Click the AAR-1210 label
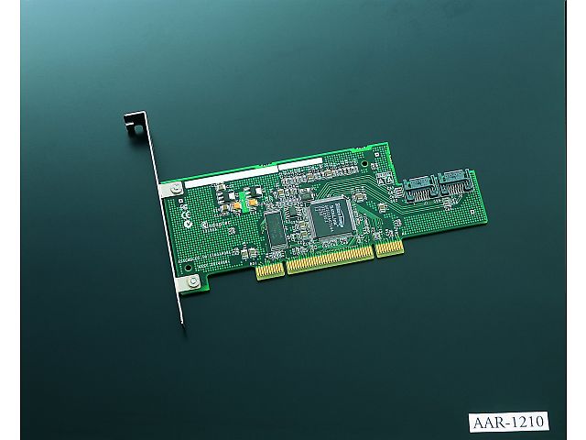(x=509, y=422)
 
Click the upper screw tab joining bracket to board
(x=171, y=190)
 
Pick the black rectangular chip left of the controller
(x=276, y=227)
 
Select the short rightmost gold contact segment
(x=389, y=248)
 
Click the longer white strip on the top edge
(x=230, y=176)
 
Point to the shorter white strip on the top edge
(x=300, y=163)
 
